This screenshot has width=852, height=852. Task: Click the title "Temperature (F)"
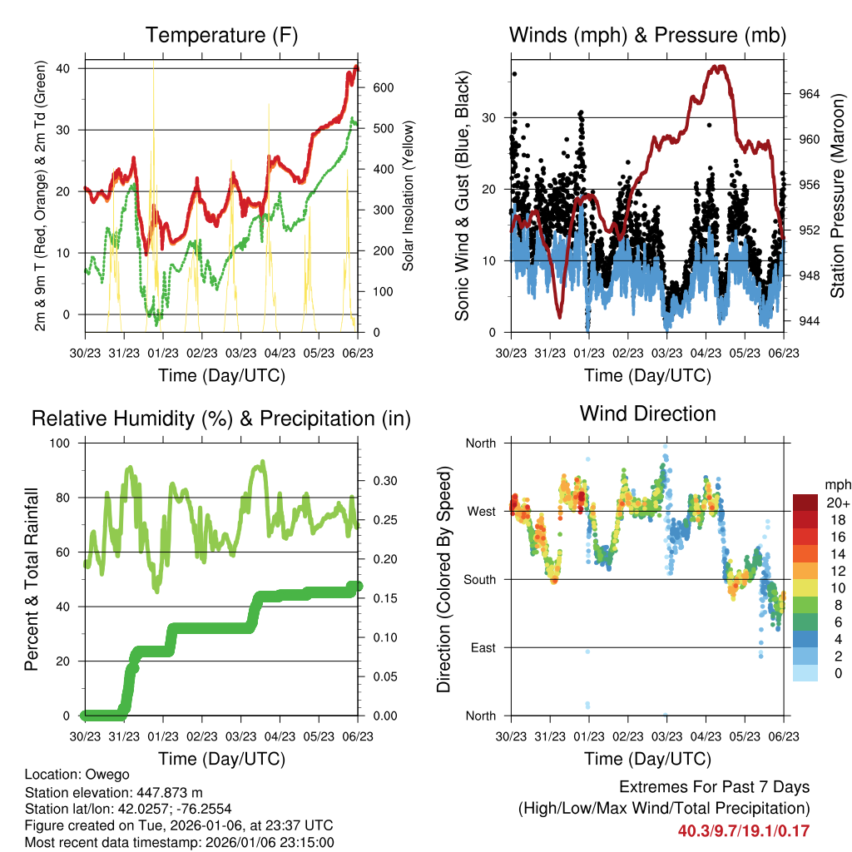pyautogui.click(x=221, y=35)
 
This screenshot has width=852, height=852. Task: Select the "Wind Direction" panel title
pyautogui.click(x=647, y=413)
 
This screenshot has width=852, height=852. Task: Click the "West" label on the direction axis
pyautogui.click(x=481, y=511)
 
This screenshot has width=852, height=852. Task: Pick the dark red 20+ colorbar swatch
pyautogui.click(x=805, y=503)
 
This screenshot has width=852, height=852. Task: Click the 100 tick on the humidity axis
pyautogui.click(x=61, y=443)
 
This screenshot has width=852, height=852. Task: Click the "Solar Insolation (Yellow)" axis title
pyautogui.click(x=409, y=196)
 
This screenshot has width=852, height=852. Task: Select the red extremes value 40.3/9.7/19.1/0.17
pyautogui.click(x=743, y=830)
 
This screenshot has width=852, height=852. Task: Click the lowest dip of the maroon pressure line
pyautogui.click(x=559, y=317)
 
